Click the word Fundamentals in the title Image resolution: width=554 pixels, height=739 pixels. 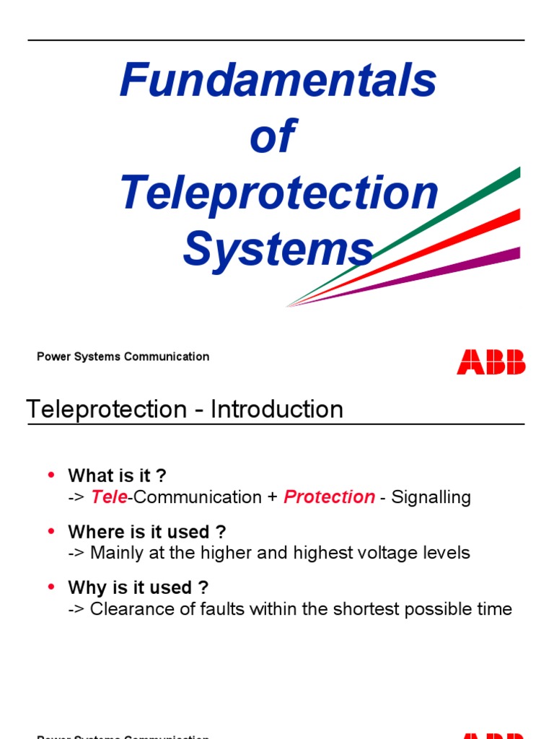278,80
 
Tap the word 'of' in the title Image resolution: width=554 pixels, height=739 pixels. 272,136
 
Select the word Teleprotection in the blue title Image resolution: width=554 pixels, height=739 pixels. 279,193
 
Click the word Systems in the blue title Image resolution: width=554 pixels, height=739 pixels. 278,250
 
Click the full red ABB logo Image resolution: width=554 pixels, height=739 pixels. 491,362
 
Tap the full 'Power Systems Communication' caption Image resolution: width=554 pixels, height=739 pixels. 123,357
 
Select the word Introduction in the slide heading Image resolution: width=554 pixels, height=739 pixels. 277,409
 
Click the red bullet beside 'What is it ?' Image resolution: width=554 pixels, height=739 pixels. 50,475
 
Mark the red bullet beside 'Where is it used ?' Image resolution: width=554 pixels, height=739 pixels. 50,531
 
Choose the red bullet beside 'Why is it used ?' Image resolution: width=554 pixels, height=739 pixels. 50,587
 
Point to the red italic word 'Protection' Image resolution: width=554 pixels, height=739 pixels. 329,497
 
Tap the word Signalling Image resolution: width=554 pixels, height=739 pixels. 431,497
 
